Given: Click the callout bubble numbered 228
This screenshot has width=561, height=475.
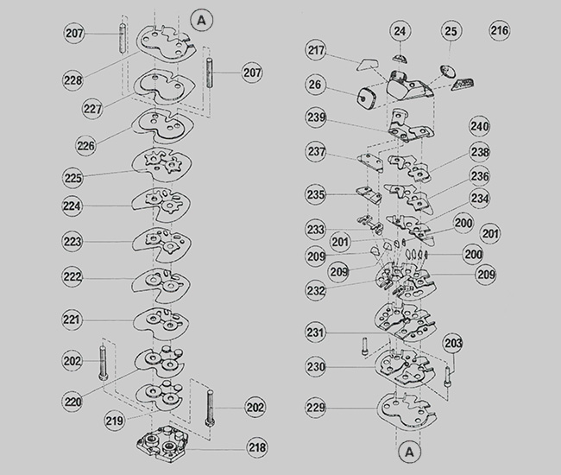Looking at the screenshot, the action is pos(73,79).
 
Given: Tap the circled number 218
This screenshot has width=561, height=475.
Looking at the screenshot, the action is pos(257,447).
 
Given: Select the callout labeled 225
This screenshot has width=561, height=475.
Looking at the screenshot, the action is pos(73,178).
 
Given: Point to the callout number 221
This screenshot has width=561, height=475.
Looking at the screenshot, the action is pos(72,320).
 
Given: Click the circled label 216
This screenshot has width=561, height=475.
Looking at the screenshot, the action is pos(500,30).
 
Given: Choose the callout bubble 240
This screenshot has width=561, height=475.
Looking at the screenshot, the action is pos(479,126).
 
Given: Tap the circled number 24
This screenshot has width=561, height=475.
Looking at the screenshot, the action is pos(400,31).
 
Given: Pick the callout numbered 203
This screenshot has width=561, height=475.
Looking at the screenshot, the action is pos(453,343).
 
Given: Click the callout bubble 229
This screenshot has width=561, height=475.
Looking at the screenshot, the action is pos(316,407).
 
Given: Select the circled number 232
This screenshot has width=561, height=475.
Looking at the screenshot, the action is pos(316,290).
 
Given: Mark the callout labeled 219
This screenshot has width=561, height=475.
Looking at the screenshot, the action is pos(115,421).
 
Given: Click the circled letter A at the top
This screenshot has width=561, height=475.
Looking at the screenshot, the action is pos(202,21).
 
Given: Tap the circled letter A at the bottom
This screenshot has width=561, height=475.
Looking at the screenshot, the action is pos(410,452).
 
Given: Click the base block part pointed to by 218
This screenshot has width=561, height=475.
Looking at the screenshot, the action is pos(161,444).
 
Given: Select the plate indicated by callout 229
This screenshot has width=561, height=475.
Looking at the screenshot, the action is pos(407,410).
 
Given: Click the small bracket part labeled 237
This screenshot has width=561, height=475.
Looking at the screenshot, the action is pos(371,162).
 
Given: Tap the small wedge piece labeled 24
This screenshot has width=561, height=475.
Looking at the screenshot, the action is pos(400,59).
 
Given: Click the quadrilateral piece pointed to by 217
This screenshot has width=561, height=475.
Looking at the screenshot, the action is pos(368,65).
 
